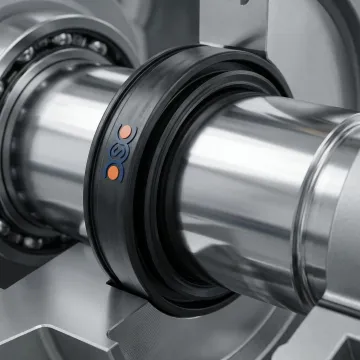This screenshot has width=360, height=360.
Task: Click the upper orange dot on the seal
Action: (x=125, y=132)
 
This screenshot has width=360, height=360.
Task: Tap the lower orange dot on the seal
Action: (x=114, y=173)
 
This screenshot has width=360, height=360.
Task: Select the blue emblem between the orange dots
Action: (x=118, y=152)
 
